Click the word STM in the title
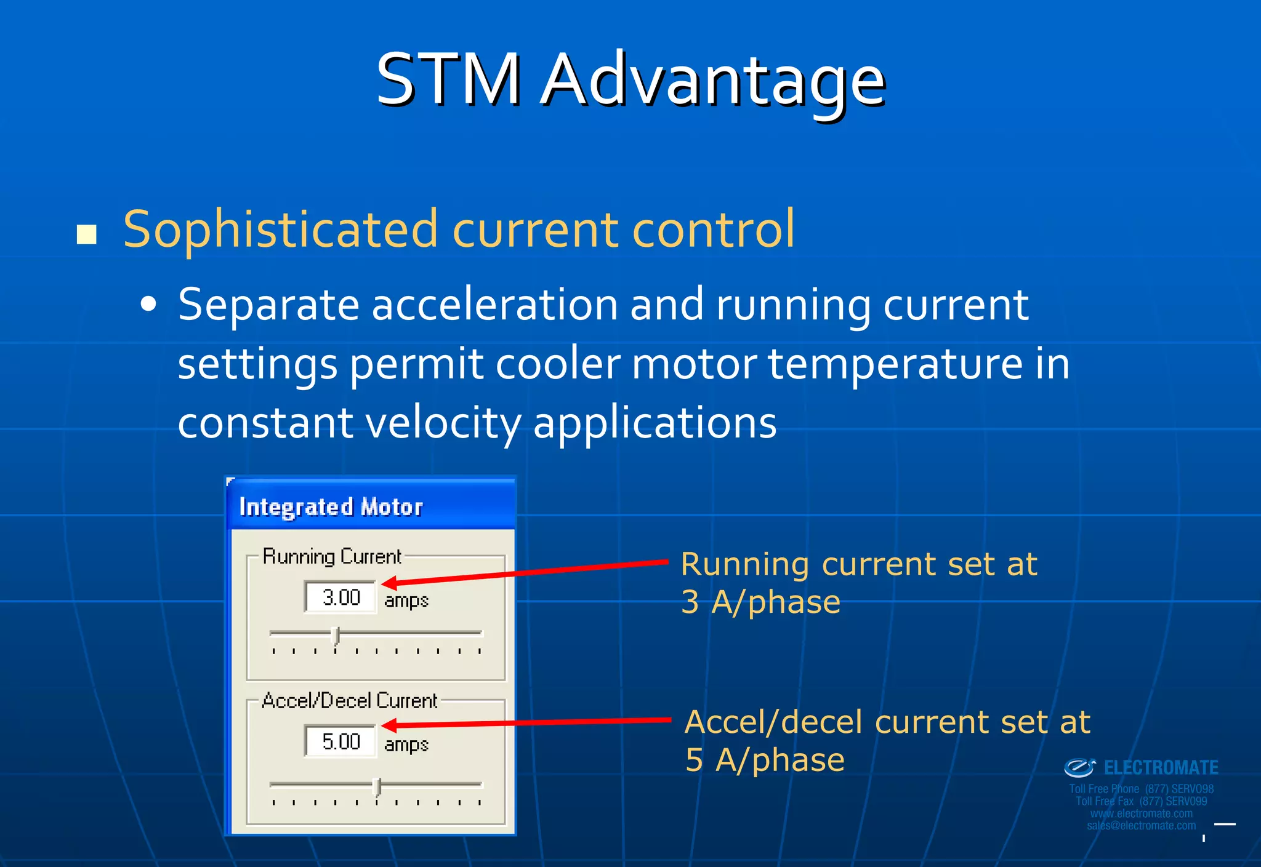(448, 80)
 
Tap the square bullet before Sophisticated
(87, 234)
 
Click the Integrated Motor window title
(331, 508)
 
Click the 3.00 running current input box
(340, 597)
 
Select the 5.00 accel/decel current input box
(340, 741)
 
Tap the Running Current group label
(331, 556)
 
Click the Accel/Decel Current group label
(349, 701)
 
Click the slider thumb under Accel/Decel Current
(378, 786)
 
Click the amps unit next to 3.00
(406, 600)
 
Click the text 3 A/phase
(760, 602)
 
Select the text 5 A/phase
(764, 760)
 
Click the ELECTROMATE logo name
(1161, 768)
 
